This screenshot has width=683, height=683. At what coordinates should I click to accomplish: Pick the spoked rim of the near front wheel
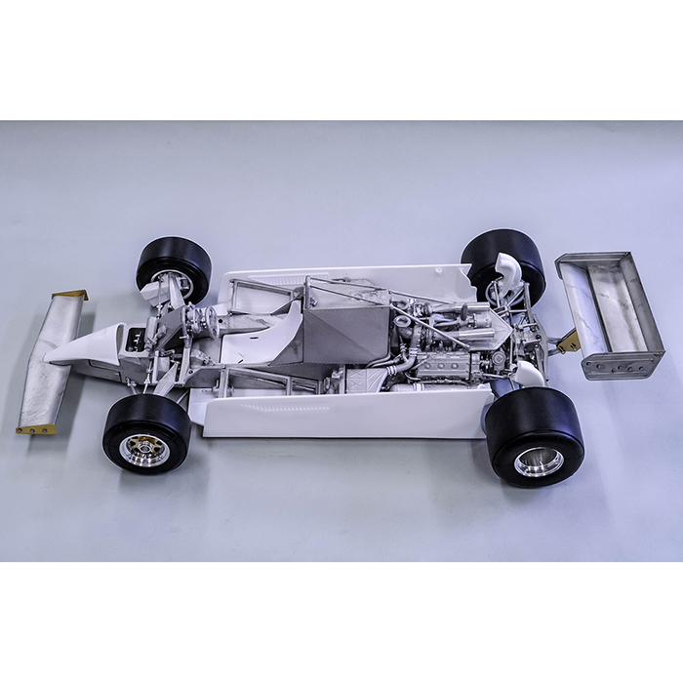144,449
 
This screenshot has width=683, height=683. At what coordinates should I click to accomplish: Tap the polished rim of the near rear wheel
538,461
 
